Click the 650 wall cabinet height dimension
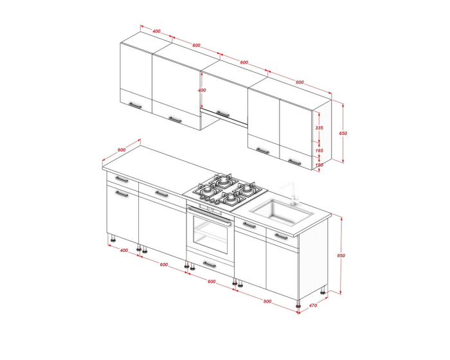343,133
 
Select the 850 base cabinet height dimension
341,255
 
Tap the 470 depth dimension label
313,305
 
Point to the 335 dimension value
319,128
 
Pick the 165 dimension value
319,150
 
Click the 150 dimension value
319,165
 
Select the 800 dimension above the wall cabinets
300,82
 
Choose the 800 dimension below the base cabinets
267,301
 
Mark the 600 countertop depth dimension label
122,150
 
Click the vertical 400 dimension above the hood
202,90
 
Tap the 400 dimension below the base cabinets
123,250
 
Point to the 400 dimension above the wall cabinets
156,31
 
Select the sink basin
282,212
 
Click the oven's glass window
210,234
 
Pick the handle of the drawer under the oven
210,264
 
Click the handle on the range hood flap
222,114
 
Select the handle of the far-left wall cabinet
135,105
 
